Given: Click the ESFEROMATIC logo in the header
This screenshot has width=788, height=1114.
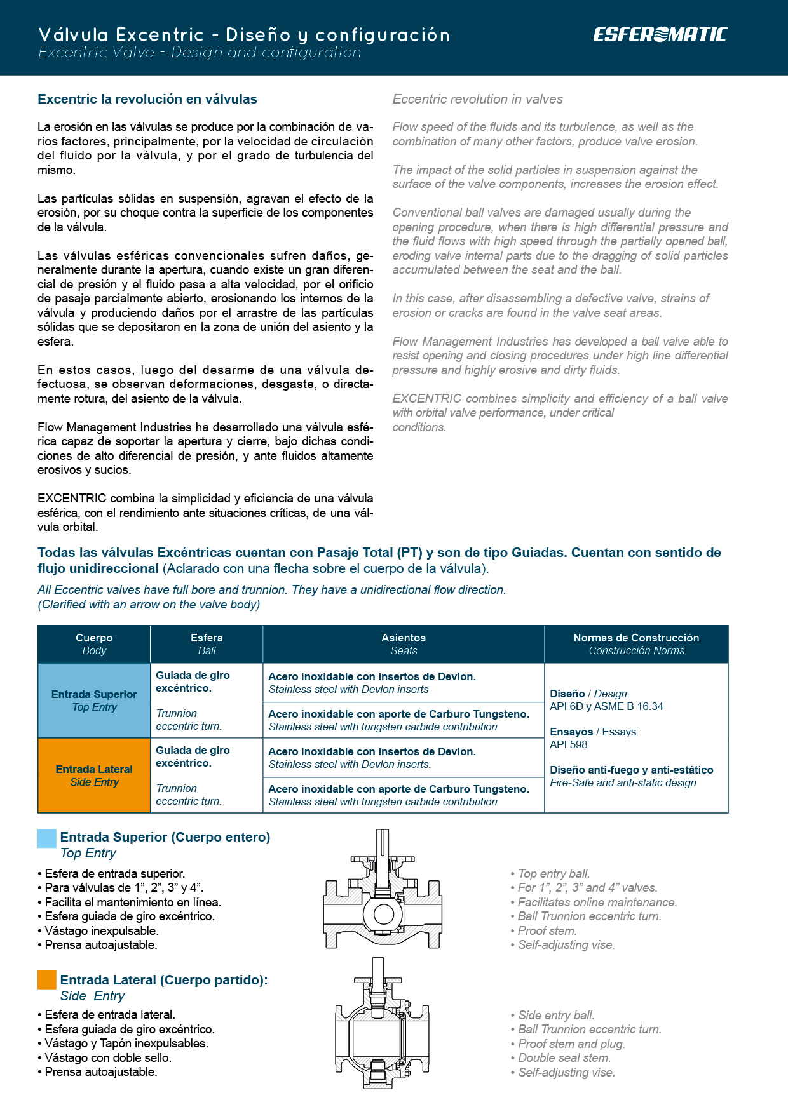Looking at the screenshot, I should (660, 34).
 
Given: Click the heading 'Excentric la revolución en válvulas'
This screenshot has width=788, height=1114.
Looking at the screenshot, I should (147, 99).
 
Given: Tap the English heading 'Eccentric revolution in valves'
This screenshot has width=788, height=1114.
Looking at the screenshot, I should (477, 99).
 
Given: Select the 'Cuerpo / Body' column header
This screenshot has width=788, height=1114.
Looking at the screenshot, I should (94, 644).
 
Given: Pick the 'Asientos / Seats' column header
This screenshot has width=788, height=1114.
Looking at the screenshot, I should (404, 644).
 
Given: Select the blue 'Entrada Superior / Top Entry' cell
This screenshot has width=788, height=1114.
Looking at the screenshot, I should (94, 701).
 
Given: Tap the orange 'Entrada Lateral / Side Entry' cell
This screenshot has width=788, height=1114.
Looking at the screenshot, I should (94, 775).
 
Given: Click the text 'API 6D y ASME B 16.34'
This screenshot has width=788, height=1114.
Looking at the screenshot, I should (606, 706).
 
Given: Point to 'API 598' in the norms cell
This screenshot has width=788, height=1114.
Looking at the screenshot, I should (569, 744).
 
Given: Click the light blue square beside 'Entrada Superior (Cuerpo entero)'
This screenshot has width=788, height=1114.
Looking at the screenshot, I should (47, 838).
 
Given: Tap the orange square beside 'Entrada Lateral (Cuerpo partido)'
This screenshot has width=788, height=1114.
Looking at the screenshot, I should (47, 980).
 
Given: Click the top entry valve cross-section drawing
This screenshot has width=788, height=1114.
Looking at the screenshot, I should (383, 889).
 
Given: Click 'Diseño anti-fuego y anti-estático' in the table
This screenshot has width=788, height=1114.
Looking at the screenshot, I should (632, 770).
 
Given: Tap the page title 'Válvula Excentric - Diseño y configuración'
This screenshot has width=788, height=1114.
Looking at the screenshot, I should (244, 34).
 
